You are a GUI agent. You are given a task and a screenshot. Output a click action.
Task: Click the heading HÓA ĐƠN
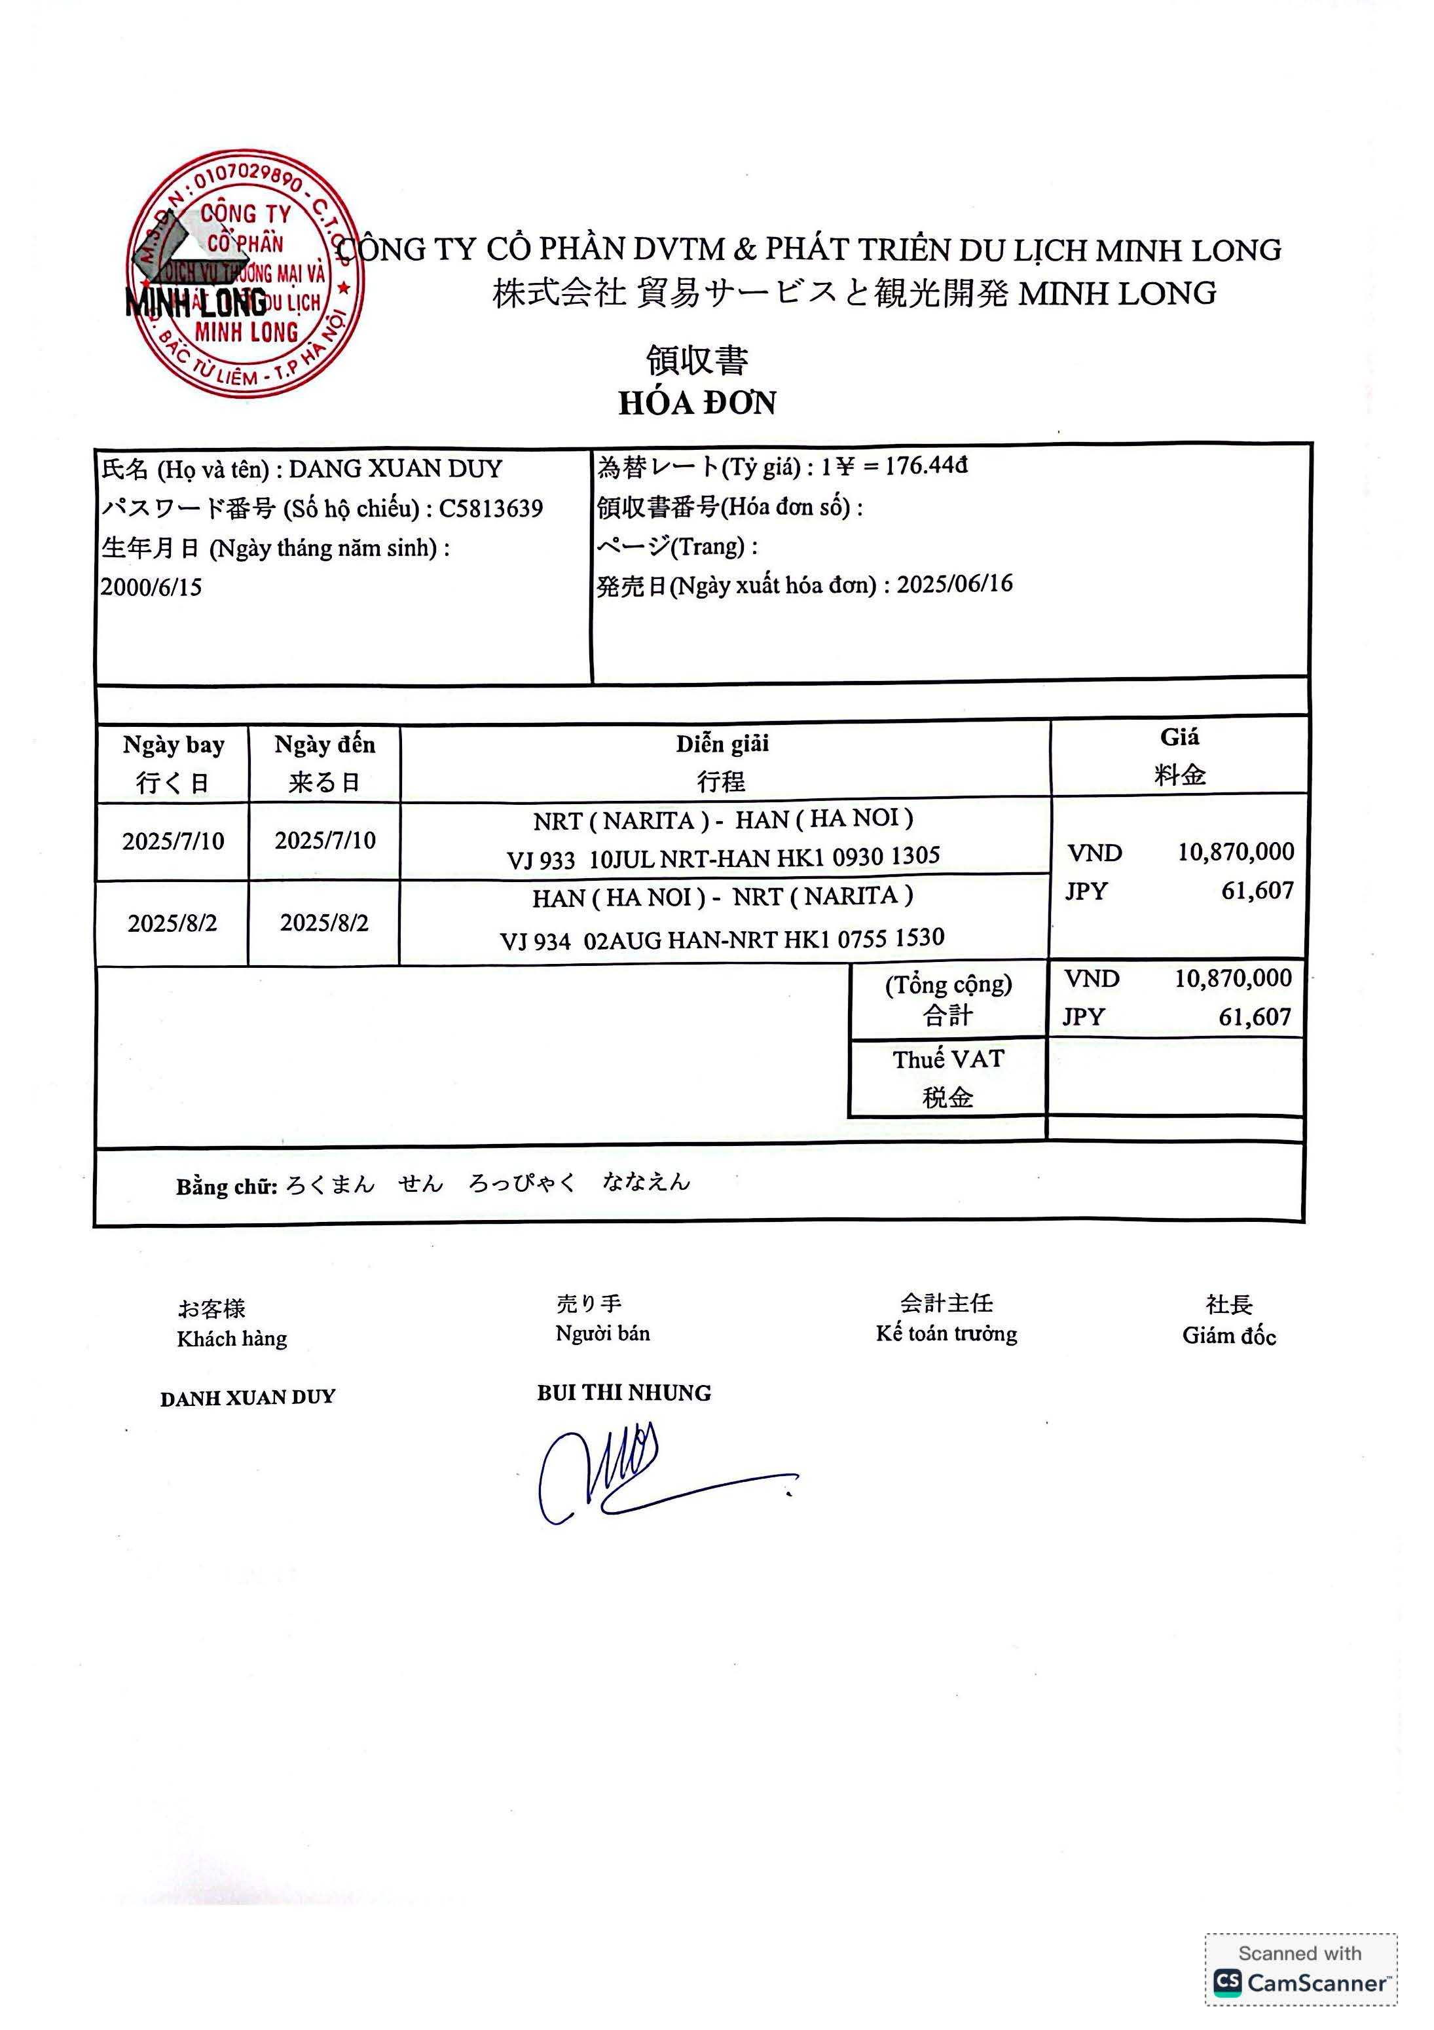697,403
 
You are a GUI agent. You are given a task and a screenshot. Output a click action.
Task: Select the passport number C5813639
490,508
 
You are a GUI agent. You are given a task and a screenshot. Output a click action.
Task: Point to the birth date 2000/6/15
151,587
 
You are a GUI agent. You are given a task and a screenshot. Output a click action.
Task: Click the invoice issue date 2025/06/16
955,584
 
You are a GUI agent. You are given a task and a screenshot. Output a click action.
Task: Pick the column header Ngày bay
174,745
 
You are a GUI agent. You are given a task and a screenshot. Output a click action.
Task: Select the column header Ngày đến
325,745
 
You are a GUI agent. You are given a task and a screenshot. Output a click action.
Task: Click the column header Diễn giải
722,743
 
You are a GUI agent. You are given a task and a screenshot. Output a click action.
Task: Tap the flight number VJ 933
540,859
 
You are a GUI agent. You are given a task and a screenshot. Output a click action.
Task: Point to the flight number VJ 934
535,941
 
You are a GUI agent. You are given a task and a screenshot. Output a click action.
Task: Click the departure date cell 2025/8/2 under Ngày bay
172,923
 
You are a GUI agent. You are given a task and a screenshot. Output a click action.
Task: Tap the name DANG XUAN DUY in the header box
395,469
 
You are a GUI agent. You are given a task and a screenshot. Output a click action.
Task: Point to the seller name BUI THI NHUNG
623,1393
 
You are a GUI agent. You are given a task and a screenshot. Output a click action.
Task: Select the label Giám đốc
1229,1336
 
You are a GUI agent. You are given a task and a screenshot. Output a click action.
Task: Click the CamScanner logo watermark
1300,1983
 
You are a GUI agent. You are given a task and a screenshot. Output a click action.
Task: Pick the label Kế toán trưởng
946,1334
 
